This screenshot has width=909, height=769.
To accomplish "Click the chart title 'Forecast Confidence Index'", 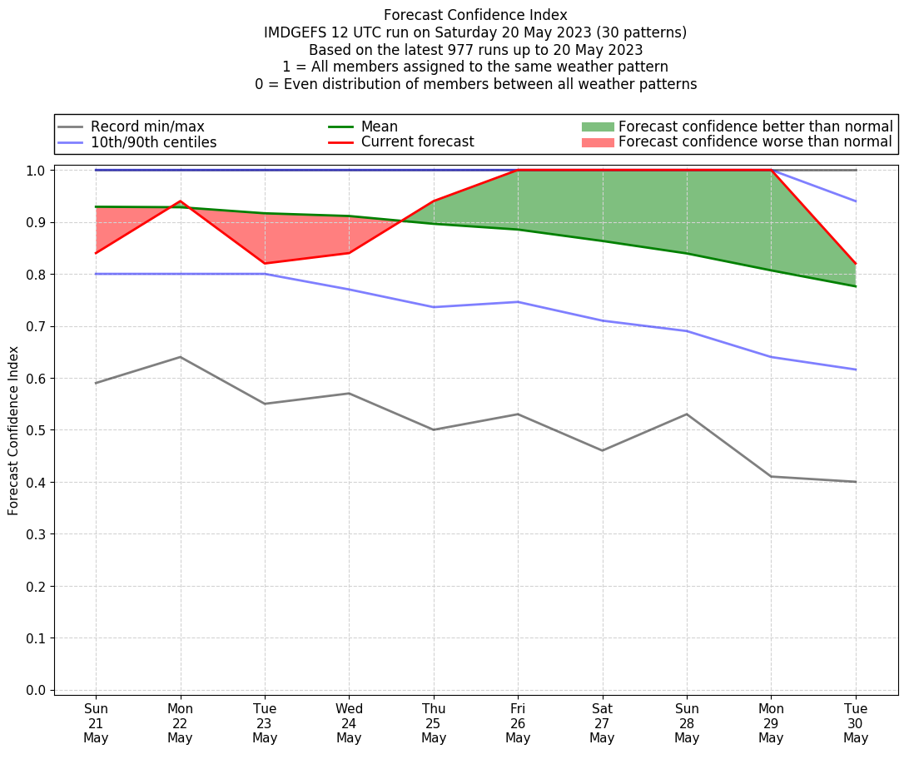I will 475,15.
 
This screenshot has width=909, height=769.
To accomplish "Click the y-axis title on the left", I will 14,429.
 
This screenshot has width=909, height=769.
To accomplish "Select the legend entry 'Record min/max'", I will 147,127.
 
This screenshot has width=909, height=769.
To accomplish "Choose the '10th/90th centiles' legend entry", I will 153,142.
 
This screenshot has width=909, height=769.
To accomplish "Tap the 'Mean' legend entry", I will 379,127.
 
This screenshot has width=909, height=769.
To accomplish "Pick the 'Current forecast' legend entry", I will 417,142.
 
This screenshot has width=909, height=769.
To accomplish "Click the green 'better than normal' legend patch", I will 598,127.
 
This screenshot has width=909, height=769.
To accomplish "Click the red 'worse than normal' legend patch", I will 598,142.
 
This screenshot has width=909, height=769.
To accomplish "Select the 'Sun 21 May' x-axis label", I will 96,722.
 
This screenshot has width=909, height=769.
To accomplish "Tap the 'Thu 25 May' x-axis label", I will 434,722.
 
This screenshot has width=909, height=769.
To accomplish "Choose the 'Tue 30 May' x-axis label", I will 856,722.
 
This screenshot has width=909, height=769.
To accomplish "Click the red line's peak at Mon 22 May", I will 181,201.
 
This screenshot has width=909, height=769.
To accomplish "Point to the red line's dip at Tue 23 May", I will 265,264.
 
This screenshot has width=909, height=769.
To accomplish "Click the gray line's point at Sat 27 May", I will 603,450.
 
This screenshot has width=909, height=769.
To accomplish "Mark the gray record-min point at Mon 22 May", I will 181,357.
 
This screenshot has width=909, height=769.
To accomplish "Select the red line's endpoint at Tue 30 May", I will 856,264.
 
